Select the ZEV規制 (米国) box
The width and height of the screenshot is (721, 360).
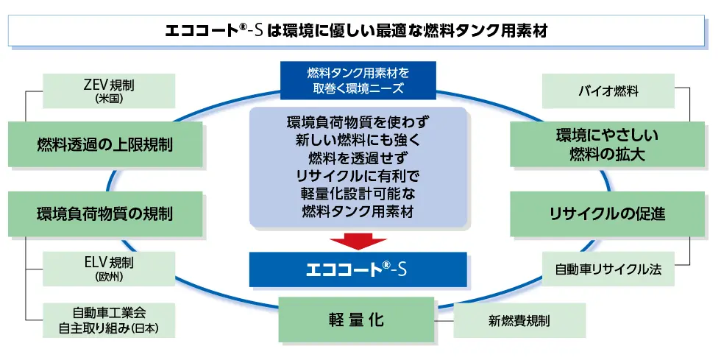pos(109,90)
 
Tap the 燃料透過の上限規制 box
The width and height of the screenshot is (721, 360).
pos(104,144)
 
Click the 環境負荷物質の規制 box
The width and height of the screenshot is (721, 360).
pos(104,214)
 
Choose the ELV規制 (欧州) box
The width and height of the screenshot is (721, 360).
pos(109,268)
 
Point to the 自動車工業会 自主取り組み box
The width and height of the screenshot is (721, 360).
pos(109,320)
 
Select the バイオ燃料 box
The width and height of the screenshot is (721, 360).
pos(608,92)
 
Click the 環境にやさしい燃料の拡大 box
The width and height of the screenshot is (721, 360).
pos(608,144)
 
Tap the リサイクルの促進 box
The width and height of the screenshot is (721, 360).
pos(608,214)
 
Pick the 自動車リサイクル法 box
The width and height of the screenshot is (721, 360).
pos(608,269)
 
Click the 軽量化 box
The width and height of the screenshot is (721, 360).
pos(356,320)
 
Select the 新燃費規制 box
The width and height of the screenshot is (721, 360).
pos(519,320)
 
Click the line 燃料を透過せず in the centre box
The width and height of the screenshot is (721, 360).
pos(358,157)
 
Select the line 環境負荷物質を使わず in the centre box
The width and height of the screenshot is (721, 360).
pos(358,120)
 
